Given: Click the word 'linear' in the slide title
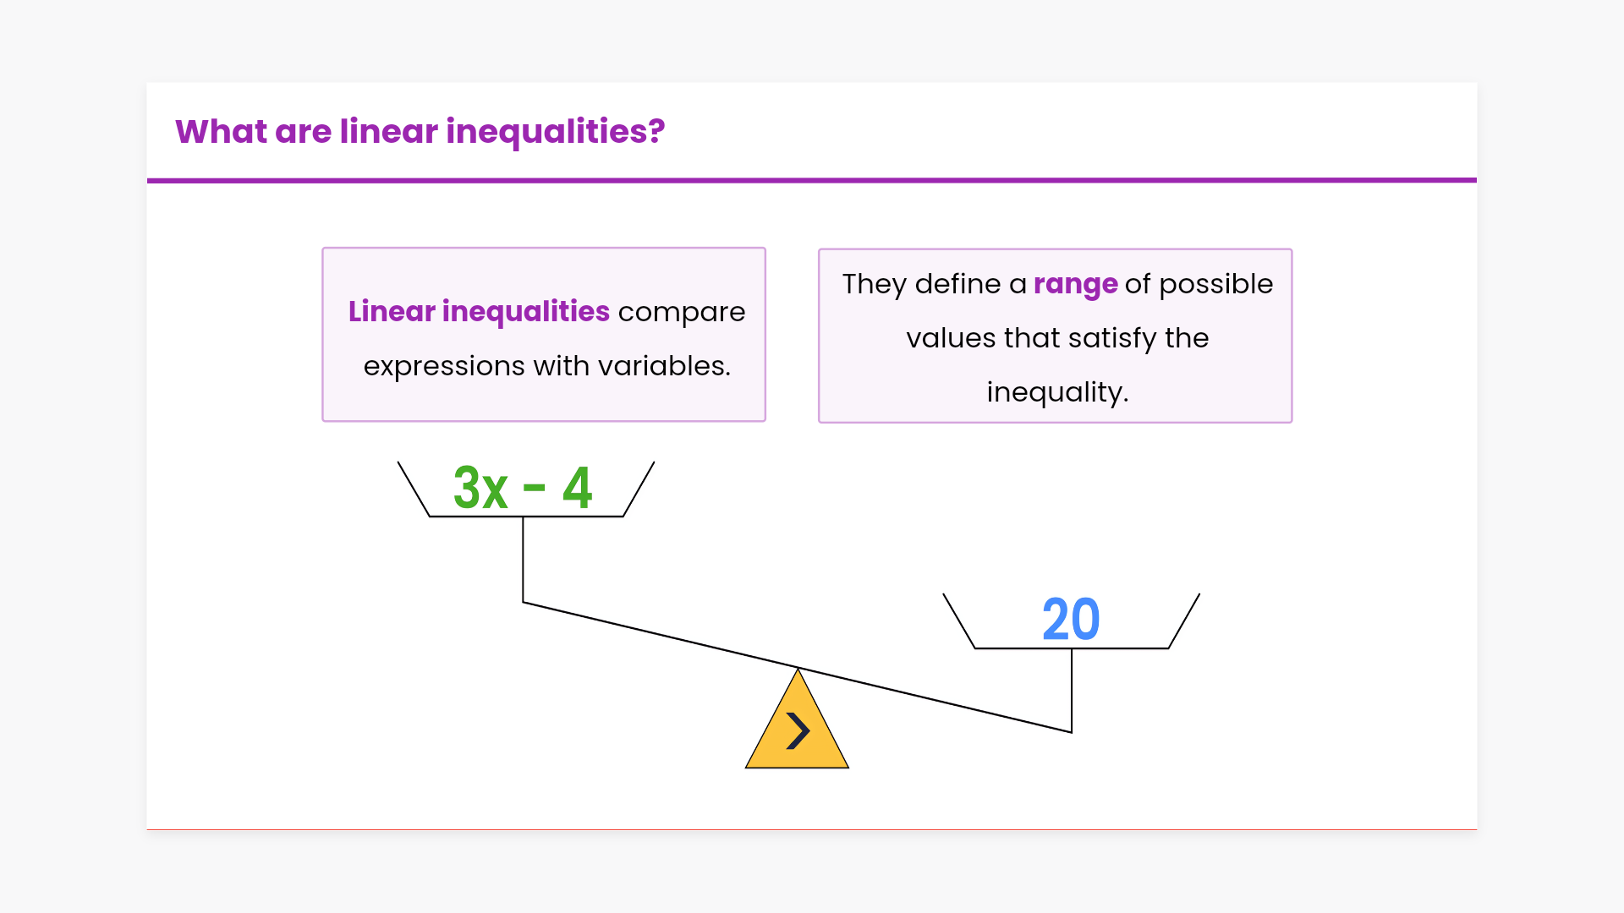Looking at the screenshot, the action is (x=389, y=131).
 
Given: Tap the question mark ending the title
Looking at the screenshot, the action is (x=656, y=131).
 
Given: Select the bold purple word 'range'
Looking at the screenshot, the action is (x=1076, y=286).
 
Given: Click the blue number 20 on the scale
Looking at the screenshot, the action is (x=1071, y=620).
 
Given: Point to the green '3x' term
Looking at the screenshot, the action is (x=480, y=488).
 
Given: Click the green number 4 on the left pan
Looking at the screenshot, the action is (x=577, y=488).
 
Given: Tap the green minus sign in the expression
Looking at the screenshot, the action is (x=535, y=488).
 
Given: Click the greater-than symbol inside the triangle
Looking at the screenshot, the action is (x=798, y=730).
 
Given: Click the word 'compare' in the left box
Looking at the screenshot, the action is (x=682, y=313).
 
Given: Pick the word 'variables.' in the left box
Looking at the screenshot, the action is (x=664, y=366).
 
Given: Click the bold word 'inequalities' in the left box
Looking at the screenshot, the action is (x=525, y=312).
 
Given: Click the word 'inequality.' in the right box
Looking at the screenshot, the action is (x=1057, y=393).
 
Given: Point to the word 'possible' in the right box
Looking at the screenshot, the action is (x=1215, y=285).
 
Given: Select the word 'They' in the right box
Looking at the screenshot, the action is (x=875, y=285).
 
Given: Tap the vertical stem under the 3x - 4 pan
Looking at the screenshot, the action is (x=523, y=559).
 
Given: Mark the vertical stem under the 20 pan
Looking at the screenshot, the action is (x=1072, y=690).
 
